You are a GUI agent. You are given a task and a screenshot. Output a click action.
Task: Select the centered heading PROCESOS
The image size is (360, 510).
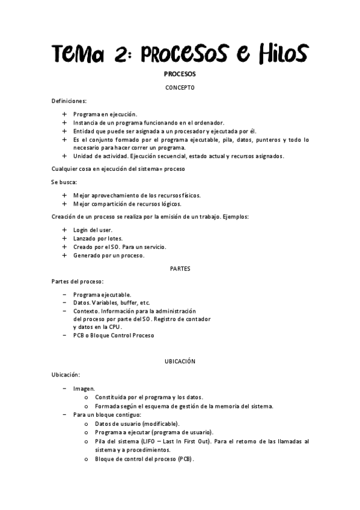tap(180, 75)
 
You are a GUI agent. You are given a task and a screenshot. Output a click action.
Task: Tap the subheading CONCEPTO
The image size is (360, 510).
tap(180, 88)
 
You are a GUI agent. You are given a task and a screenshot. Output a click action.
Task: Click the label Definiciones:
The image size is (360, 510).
tap(69, 100)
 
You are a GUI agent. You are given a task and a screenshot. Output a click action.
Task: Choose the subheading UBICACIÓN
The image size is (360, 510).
tap(180, 361)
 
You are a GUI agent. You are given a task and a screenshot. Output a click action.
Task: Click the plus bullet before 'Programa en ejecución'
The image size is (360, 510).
tap(65, 114)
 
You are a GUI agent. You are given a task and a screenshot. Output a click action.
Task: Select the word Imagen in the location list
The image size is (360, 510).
tap(84, 389)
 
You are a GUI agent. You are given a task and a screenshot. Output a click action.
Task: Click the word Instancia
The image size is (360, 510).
tap(85, 122)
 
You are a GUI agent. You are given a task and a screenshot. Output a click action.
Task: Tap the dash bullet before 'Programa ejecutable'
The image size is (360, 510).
tap(65, 294)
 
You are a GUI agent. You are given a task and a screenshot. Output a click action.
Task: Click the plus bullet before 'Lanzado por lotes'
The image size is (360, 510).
tap(65, 238)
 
